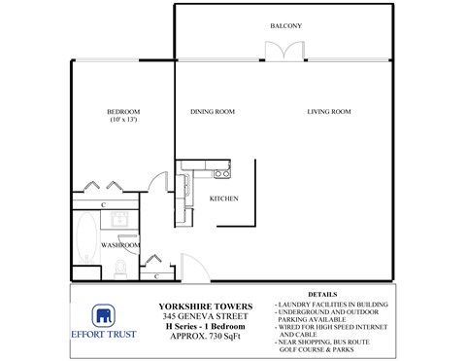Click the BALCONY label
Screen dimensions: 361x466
tap(286, 25)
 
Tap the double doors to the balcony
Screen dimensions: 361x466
tap(286, 51)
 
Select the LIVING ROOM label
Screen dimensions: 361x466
tap(328, 113)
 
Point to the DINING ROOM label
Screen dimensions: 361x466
tap(213, 113)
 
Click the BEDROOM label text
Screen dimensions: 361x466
tap(124, 112)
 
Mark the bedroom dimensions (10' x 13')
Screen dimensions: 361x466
tap(123, 121)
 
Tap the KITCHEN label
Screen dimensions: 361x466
tap(224, 199)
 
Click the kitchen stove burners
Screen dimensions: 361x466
tap(221, 174)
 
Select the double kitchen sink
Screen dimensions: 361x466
tap(185, 174)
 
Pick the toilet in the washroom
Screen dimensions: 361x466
tap(118, 266)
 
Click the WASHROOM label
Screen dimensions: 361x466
tap(121, 245)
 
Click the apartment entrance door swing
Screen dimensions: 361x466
tap(188, 265)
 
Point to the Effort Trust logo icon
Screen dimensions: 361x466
tap(104, 316)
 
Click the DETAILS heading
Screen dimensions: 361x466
tap(322, 293)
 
